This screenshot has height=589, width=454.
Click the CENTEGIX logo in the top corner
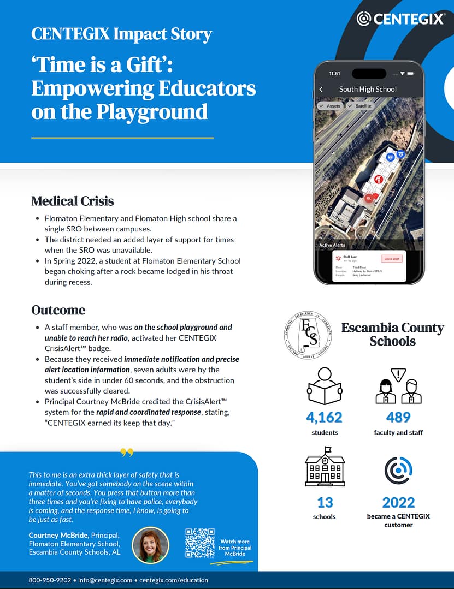400,19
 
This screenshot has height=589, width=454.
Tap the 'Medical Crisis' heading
73,201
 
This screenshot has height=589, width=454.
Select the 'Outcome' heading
58,310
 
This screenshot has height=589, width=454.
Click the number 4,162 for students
324,418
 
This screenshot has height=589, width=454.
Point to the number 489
398,418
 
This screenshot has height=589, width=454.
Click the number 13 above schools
325,502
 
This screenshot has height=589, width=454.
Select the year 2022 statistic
398,502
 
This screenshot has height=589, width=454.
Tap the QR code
199,543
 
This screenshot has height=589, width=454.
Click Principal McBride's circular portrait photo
151,545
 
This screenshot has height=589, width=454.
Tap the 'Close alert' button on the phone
391,259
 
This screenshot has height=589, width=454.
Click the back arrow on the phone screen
321,89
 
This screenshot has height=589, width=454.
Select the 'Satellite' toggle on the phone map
360,106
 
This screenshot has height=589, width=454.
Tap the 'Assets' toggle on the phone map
331,106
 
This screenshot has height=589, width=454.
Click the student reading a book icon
324,385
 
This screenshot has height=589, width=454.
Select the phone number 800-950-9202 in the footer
50,580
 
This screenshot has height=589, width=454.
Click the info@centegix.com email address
105,580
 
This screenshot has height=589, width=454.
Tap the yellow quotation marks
127,453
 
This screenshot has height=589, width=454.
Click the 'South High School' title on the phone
368,89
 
